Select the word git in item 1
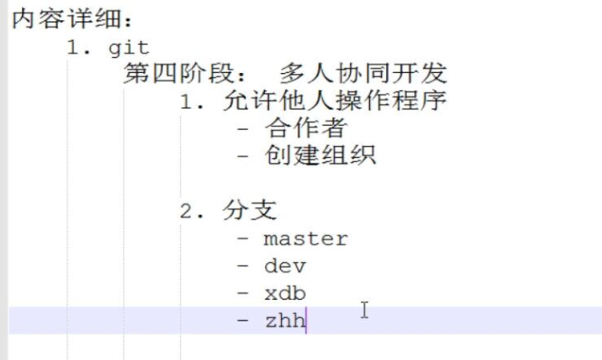[x=128, y=48]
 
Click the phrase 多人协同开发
[x=357, y=75]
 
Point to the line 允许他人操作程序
[x=335, y=102]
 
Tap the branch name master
[x=305, y=239]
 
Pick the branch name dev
[x=284, y=266]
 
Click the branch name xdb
[x=284, y=293]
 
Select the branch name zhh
[x=284, y=320]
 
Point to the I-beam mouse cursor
[x=365, y=311]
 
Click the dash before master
[x=245, y=239]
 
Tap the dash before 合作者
[x=245, y=129]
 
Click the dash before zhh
[x=245, y=320]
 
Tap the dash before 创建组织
[x=245, y=156]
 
